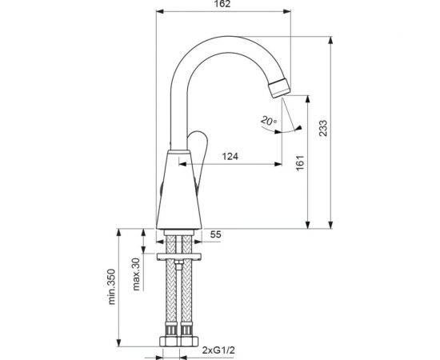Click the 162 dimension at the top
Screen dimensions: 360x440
coord(224,6)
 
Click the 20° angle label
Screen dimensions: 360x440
coord(268,122)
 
